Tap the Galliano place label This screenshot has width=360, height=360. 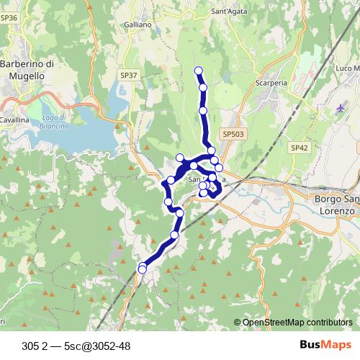pos(138,24)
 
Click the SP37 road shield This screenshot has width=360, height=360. pos(129,75)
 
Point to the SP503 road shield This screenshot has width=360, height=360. pos(233,134)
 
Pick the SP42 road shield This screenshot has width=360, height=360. pos(300,147)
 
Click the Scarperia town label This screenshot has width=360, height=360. pos(271,83)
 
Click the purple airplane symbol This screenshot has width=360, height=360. pos(341,108)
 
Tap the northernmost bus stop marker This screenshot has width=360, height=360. pos(199,70)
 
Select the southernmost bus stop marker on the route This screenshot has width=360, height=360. pos(142,269)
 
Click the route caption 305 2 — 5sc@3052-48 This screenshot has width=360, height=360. pos(76,345)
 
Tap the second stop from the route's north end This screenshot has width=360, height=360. pos(203,88)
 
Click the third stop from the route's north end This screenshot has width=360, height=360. pos(204,111)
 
